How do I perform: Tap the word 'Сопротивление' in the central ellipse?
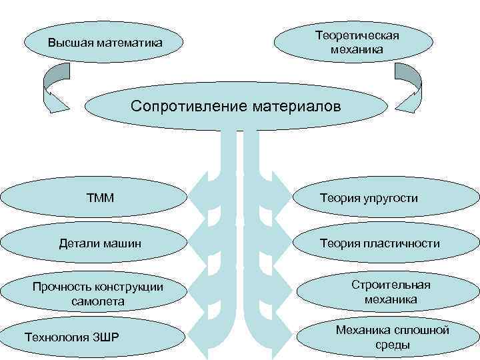point(189,106)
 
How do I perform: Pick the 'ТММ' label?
point(100,197)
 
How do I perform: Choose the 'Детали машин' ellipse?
point(100,243)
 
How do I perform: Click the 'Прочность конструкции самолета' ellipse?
point(97,294)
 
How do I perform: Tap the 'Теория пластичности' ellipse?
point(379,243)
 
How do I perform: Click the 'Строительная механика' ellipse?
point(391,292)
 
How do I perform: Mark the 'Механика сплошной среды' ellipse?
point(392,337)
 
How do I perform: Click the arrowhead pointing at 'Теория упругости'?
point(280,193)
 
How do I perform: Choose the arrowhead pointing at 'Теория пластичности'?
point(280,240)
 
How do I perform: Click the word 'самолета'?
point(97,301)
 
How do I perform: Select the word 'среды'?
point(392,345)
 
